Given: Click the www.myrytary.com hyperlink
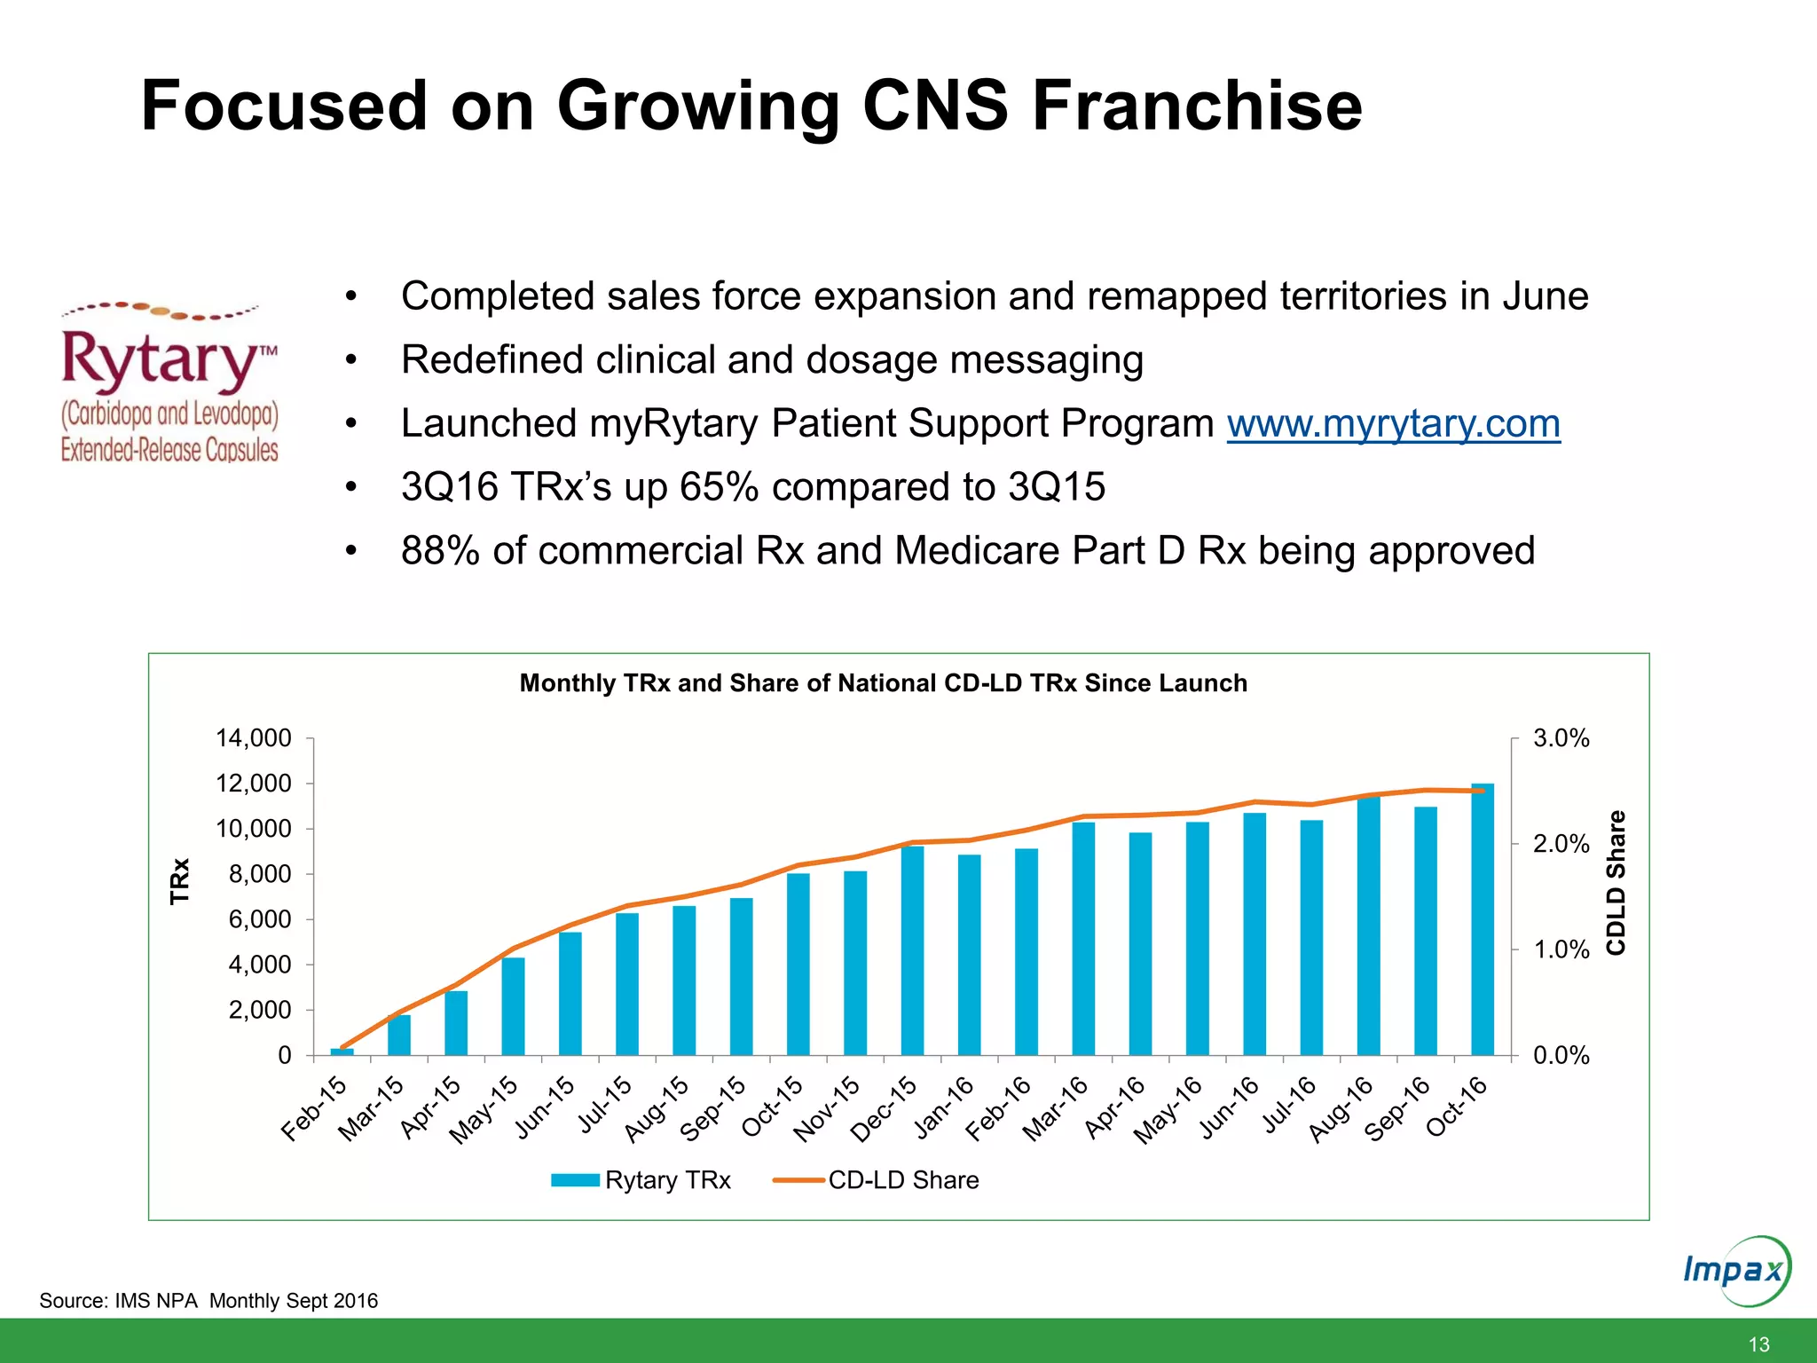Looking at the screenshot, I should click(x=1393, y=424).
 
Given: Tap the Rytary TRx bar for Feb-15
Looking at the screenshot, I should click(x=342, y=1052).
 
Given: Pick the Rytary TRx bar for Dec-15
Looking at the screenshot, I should click(x=912, y=951).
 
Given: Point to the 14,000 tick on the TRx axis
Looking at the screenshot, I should click(x=254, y=738).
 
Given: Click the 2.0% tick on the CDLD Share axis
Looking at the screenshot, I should click(x=1561, y=844).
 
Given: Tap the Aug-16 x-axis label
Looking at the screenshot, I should click(x=1341, y=1109).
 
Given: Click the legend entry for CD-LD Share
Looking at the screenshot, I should click(x=901, y=1180).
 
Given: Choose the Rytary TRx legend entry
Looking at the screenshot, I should click(x=666, y=1180).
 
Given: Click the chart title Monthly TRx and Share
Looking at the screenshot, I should click(x=883, y=683).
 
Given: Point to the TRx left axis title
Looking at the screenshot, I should click(x=180, y=880).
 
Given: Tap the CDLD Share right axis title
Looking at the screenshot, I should click(x=1616, y=882).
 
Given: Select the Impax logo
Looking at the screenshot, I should click(x=1734, y=1271).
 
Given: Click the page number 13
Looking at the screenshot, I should click(x=1758, y=1343).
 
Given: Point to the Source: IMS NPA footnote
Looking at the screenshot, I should click(x=208, y=1301).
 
